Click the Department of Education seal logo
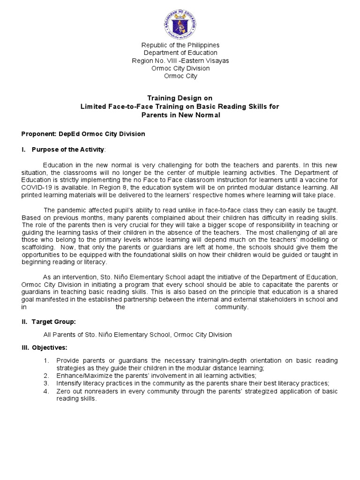point(180,22)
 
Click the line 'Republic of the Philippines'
point(180,45)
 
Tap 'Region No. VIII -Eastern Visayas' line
point(180,60)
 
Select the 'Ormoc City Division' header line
point(180,68)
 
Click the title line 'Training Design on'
point(180,98)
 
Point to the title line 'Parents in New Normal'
point(180,115)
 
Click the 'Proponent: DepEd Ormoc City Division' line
point(83,134)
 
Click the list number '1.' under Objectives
point(46,360)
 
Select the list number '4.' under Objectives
point(46,391)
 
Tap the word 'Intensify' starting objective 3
point(67,383)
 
